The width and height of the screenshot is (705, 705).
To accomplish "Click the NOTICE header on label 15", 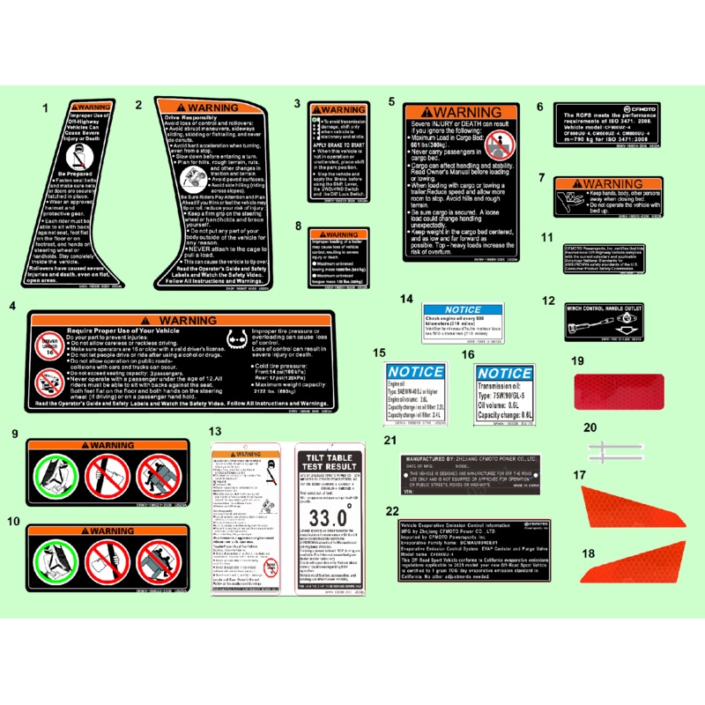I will (x=416, y=372).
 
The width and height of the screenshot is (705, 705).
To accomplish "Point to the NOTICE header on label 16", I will (x=504, y=374).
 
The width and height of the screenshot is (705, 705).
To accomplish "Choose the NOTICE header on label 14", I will (x=463, y=310).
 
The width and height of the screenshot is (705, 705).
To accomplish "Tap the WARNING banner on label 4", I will (x=187, y=320).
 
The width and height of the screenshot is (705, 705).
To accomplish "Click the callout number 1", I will (x=45, y=109).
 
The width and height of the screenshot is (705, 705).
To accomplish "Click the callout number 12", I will (x=548, y=301).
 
